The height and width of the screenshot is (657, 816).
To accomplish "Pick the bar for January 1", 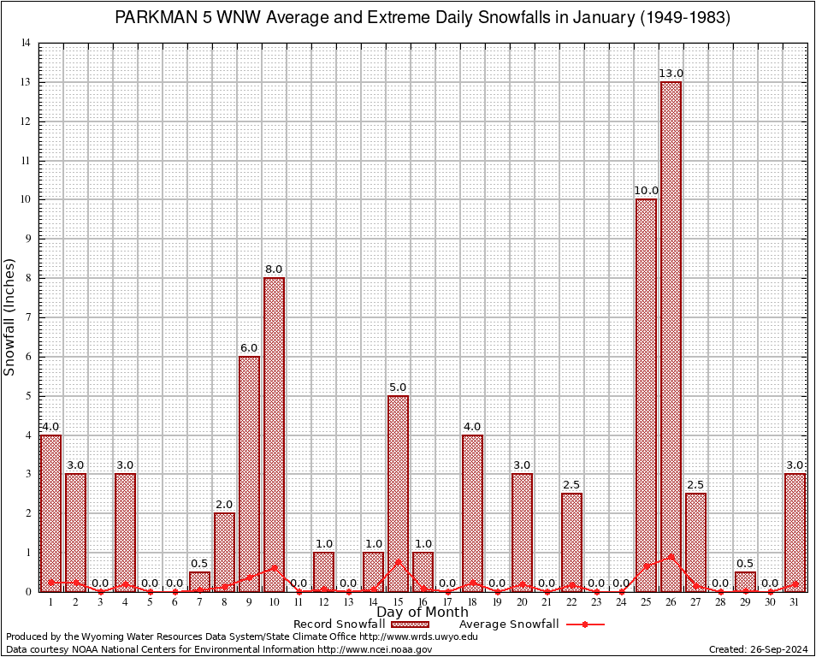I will (50, 513).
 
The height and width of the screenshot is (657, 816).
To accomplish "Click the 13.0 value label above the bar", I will (671, 74).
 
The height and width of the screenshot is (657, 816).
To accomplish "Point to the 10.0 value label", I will (646, 191).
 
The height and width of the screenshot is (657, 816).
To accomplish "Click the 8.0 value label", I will (274, 269).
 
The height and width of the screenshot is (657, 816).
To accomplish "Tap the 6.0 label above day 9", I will (249, 348).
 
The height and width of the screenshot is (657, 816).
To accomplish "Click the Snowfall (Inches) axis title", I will (10, 317).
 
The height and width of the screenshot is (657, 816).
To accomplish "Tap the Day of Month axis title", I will (422, 613).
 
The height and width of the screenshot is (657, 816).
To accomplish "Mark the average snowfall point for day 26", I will (671, 556).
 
